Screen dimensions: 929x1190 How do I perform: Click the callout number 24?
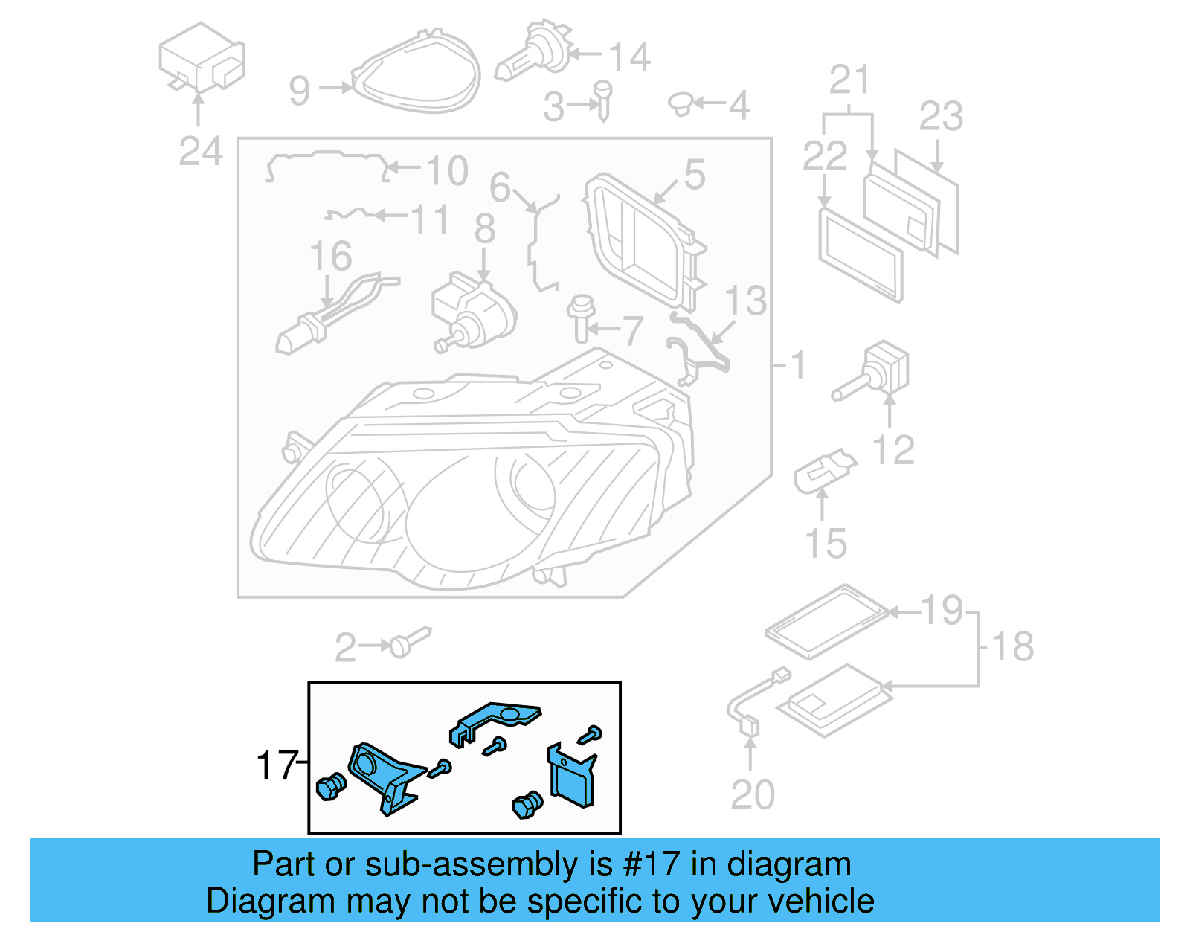200,152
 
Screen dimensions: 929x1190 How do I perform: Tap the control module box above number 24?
201,58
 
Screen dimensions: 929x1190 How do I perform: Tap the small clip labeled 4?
681,104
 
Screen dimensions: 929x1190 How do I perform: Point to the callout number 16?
330,257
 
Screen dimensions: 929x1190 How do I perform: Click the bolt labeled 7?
581,318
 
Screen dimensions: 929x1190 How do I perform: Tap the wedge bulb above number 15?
823,469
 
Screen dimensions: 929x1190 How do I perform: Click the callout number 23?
941,117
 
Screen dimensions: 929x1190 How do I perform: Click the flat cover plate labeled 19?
826,621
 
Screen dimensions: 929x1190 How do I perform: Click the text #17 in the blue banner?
651,864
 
